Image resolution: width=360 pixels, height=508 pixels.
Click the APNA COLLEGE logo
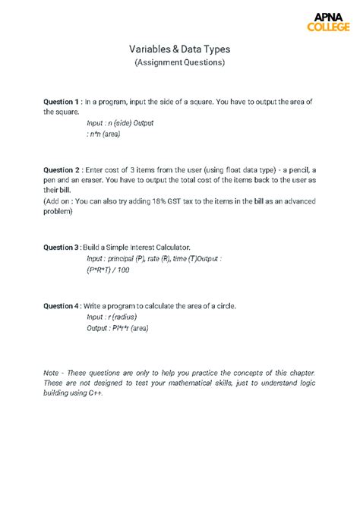327,22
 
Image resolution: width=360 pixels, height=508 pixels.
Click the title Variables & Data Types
179,49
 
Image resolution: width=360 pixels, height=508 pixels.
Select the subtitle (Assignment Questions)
179,62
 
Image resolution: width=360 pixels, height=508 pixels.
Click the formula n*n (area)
106,134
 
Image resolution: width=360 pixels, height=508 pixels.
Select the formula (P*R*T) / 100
109,270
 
